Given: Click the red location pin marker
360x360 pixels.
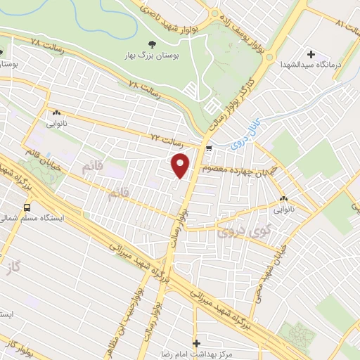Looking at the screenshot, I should pyautogui.click(x=181, y=165).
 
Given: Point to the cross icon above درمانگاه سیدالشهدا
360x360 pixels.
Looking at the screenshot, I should pyautogui.click(x=311, y=54).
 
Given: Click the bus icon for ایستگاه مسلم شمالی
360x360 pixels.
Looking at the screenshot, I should pyautogui.click(x=27, y=207).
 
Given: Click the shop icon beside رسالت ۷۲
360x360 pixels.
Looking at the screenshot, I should pyautogui.click(x=209, y=146).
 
